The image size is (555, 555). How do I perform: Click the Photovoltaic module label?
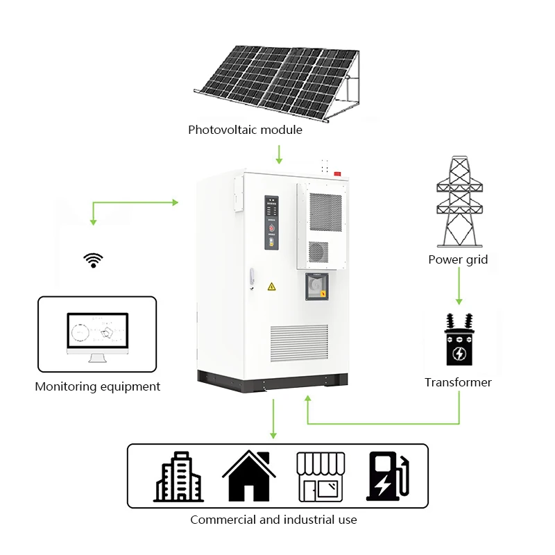(245, 130)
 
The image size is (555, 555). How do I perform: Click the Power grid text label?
(458, 259)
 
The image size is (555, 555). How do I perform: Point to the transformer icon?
(459, 340)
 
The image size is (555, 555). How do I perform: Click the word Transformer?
(458, 382)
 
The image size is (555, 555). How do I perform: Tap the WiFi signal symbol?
(93, 260)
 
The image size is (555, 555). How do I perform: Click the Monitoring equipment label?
(98, 386)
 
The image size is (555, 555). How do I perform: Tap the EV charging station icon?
(387, 477)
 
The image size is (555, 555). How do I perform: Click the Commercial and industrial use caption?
(273, 520)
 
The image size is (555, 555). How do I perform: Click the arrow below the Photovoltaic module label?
(279, 154)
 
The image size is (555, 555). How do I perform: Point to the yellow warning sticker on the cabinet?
(271, 286)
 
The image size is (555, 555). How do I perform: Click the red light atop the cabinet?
(338, 173)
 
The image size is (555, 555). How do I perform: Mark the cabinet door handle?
(252, 275)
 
